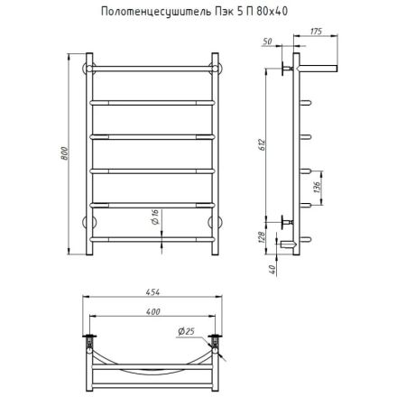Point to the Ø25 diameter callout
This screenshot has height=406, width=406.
pyautogui.click(x=189, y=331)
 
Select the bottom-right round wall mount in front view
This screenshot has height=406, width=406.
pyautogui.click(x=216, y=222)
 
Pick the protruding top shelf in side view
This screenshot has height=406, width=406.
pyautogui.click(x=318, y=67)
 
